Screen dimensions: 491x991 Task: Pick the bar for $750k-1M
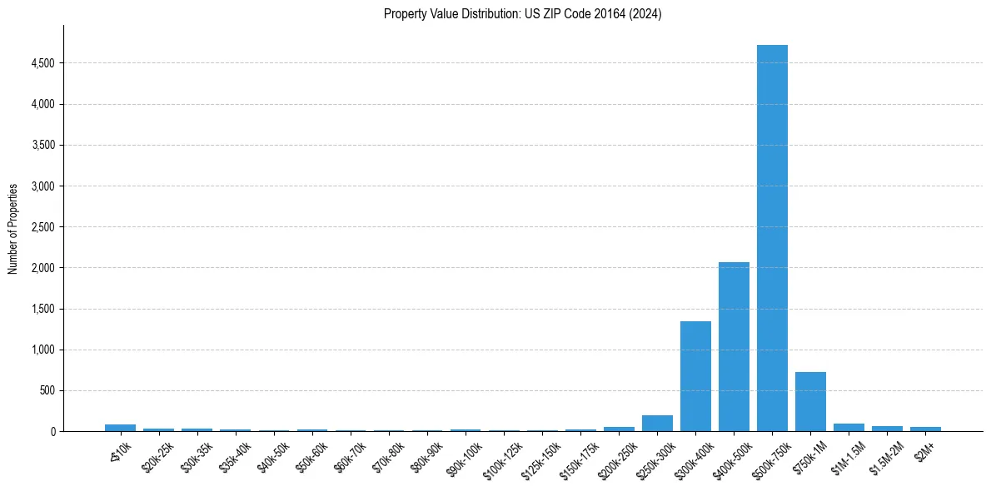tap(810, 402)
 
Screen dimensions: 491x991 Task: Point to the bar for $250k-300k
tap(657, 424)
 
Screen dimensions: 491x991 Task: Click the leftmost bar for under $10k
tap(120, 428)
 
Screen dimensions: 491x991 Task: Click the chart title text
tap(522, 14)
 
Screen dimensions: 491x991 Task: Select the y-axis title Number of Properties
tap(13, 229)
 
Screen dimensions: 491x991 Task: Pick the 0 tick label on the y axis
tap(52, 432)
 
